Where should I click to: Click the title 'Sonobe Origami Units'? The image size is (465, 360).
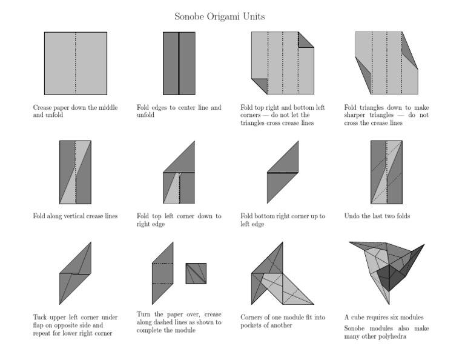[x=219, y=16]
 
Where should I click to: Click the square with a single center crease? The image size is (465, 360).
[x=76, y=63]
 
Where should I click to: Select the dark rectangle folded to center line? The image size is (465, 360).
[x=179, y=63]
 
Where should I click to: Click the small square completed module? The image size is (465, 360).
[x=196, y=273]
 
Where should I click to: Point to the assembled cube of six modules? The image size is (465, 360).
[x=387, y=270]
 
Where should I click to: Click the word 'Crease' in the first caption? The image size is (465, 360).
[x=44, y=107]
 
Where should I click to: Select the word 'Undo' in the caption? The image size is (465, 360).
[x=352, y=216]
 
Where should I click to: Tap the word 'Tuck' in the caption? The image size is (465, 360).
[x=41, y=317]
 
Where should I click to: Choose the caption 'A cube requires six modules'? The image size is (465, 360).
[x=383, y=317]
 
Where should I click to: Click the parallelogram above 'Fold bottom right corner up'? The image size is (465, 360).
[x=283, y=173]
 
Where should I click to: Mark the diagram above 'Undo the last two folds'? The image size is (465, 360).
[x=386, y=173]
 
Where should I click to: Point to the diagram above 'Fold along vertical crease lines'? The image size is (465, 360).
[x=76, y=173]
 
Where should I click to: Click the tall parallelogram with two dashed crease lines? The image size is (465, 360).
[x=163, y=273]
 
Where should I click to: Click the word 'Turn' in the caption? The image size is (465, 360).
[x=145, y=315]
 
